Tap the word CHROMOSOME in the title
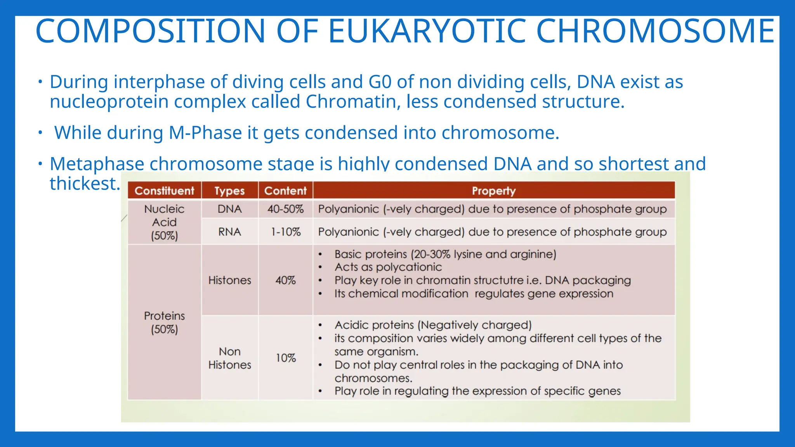(x=655, y=31)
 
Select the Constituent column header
(x=164, y=191)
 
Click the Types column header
(x=229, y=191)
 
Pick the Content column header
(x=285, y=191)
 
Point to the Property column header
(x=494, y=191)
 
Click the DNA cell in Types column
(x=229, y=209)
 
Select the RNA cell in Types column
(x=229, y=232)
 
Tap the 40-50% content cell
(x=285, y=209)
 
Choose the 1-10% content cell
(x=286, y=232)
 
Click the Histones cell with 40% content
(x=229, y=280)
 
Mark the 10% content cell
(x=286, y=358)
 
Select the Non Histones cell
(x=229, y=358)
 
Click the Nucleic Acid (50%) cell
(x=164, y=222)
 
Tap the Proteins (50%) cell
(x=164, y=322)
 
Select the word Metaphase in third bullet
(x=97, y=164)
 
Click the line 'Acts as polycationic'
(x=388, y=267)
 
